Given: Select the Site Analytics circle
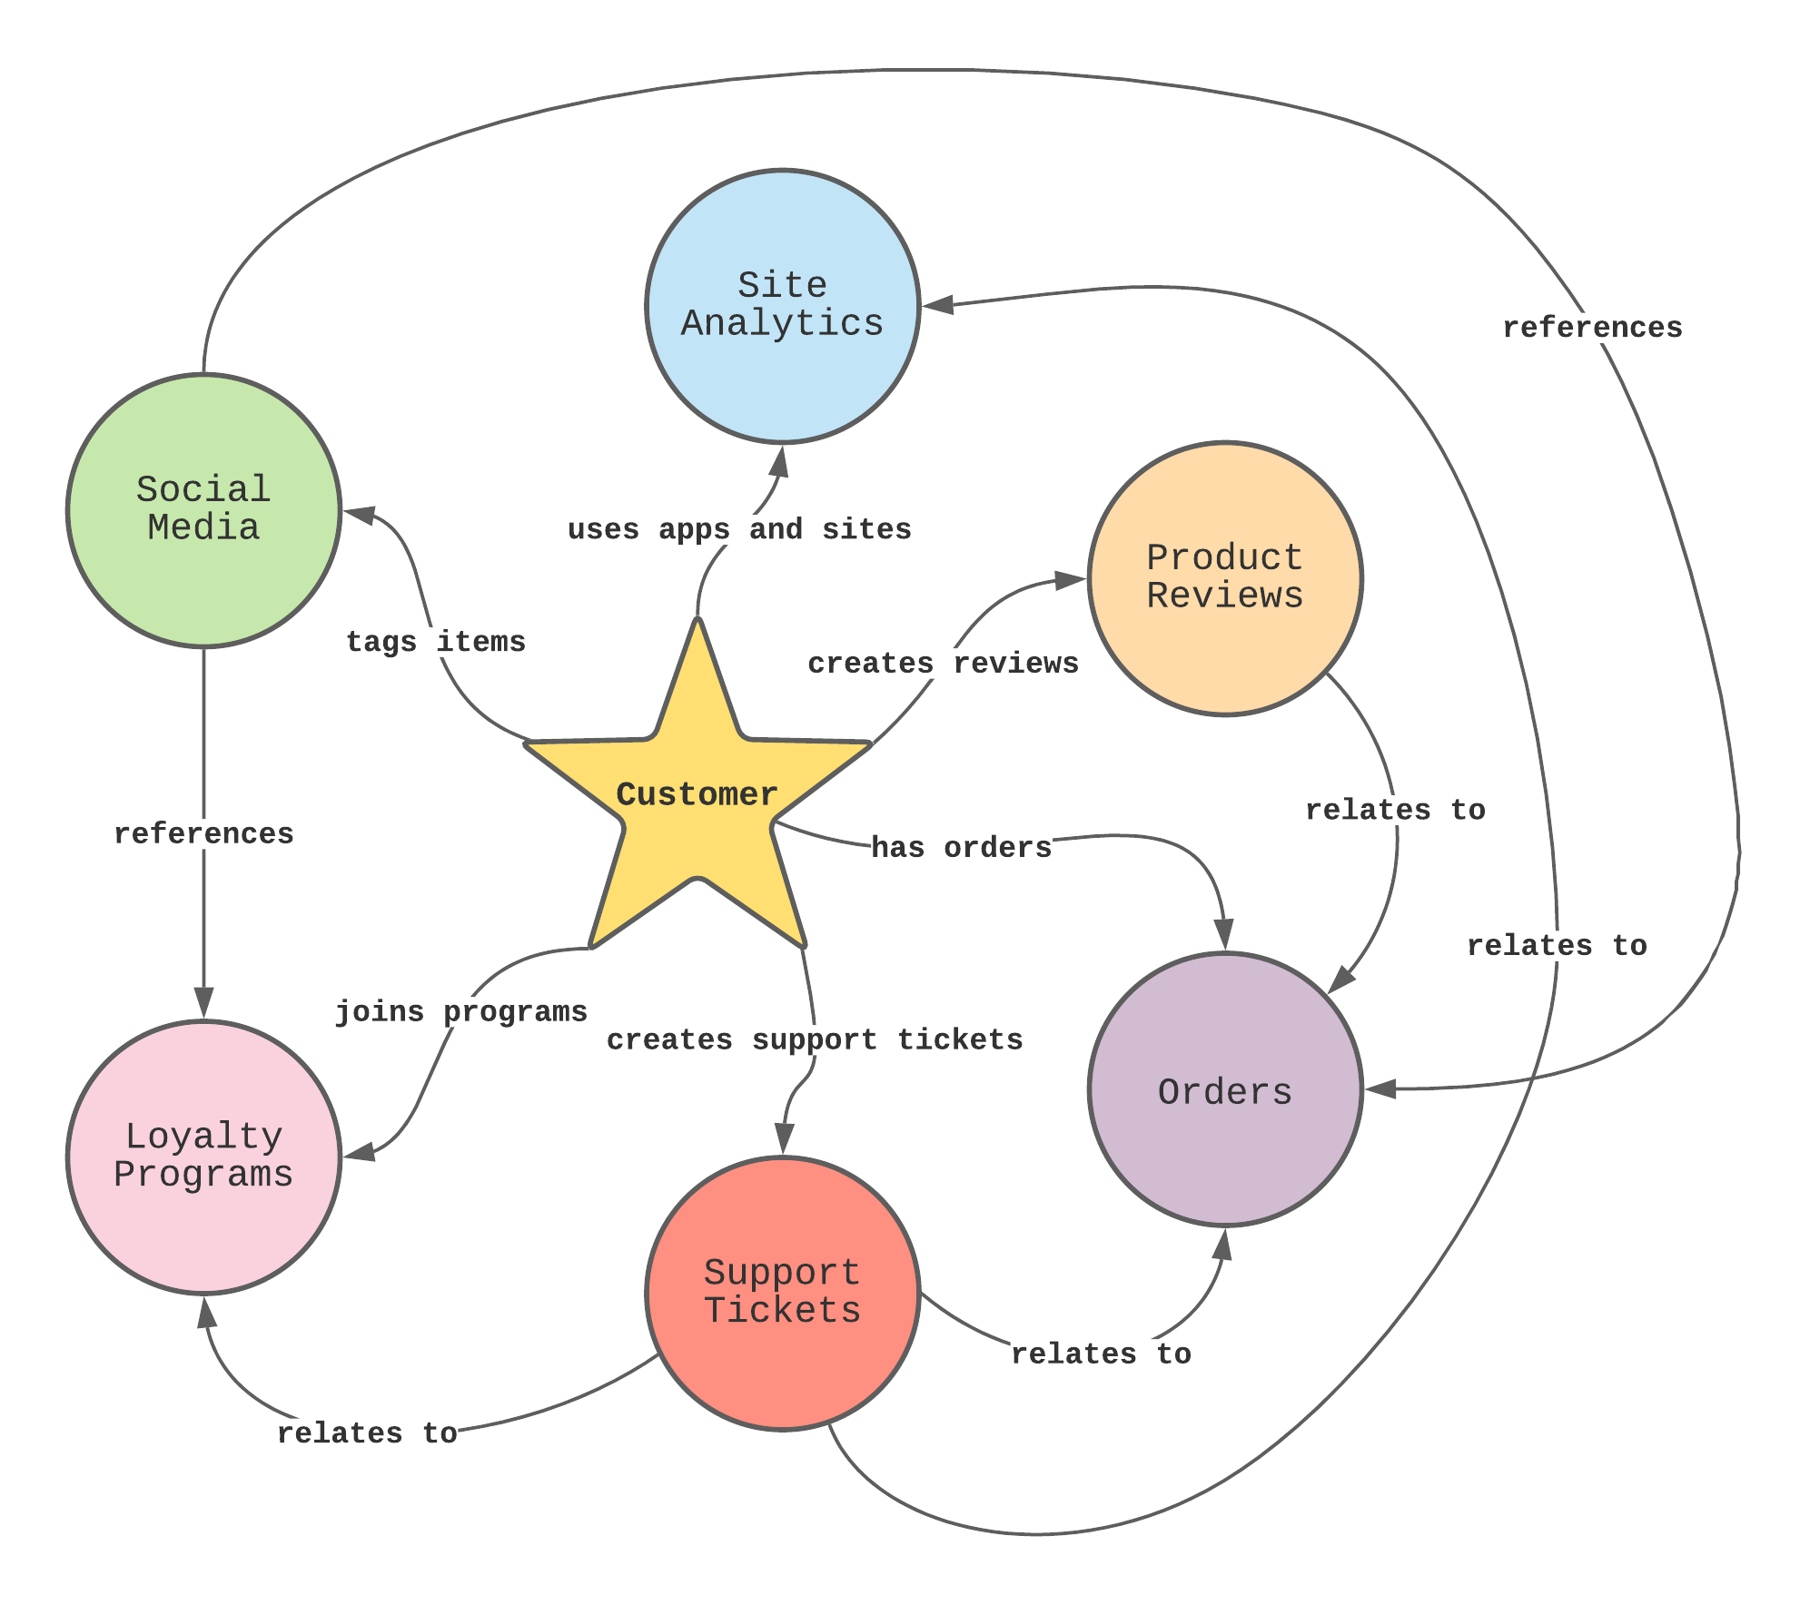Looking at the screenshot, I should pyautogui.click(x=782, y=306).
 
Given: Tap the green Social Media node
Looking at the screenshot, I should pyautogui.click(x=203, y=510).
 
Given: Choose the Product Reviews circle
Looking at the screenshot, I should pyautogui.click(x=1224, y=578).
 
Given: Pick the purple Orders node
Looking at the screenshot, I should pyautogui.click(x=1224, y=1089).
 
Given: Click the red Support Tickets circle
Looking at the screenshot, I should pyautogui.click(x=782, y=1293).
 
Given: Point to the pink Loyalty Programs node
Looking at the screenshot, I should pyautogui.click(x=203, y=1157).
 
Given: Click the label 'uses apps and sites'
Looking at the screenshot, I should pyautogui.click(x=739, y=529).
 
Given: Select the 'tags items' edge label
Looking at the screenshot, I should pyautogui.click(x=436, y=642).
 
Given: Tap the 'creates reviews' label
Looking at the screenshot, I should pyautogui.click(x=943, y=664).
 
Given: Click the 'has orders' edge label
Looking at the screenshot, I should pyautogui.click(x=961, y=848).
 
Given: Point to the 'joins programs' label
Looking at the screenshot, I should pyautogui.click(x=461, y=1011).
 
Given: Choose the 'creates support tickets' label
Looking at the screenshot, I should pyautogui.click(x=815, y=1039).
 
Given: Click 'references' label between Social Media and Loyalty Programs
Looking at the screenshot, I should pyautogui.click(x=203, y=833).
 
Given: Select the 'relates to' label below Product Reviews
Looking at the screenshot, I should pyautogui.click(x=1395, y=810).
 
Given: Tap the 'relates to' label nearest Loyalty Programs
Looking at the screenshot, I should pyautogui.click(x=367, y=1433).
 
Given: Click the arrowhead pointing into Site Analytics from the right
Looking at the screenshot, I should pyautogui.click(x=937, y=305).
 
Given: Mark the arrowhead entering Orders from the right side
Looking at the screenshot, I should pyautogui.click(x=1381, y=1088).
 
